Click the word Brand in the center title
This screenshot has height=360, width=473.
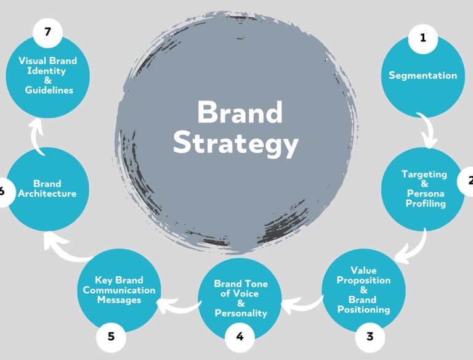coord(240,112)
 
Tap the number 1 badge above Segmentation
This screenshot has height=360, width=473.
coord(422,38)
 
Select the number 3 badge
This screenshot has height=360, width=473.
coord(370,337)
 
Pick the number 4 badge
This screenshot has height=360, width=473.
coord(240,337)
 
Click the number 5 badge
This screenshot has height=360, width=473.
coord(111,337)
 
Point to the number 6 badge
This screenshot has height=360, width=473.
coord(4,190)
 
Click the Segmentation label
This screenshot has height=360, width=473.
coord(422,76)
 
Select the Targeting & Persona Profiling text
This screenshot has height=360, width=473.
coord(425,189)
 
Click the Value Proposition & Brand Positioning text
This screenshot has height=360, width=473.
coord(363,290)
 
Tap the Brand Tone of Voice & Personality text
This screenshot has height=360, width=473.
coord(241,298)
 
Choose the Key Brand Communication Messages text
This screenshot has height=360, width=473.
coord(119,290)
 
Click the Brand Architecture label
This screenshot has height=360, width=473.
coord(47,189)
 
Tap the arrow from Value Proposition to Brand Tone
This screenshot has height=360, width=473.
coord(302,301)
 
